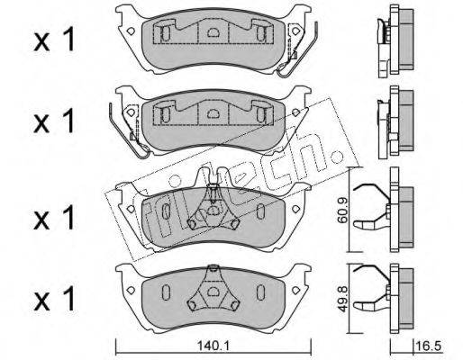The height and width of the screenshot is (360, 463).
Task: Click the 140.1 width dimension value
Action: [x=213, y=346]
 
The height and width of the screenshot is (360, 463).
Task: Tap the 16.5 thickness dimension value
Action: [x=429, y=346]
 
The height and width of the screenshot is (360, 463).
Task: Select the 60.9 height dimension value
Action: [x=342, y=210]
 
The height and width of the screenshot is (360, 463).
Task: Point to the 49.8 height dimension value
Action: [x=342, y=299]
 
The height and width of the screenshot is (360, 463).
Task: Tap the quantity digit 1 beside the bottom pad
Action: [x=69, y=299]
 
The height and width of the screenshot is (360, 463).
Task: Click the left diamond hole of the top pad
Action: [x=131, y=31]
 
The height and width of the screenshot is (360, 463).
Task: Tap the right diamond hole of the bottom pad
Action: [x=296, y=290]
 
